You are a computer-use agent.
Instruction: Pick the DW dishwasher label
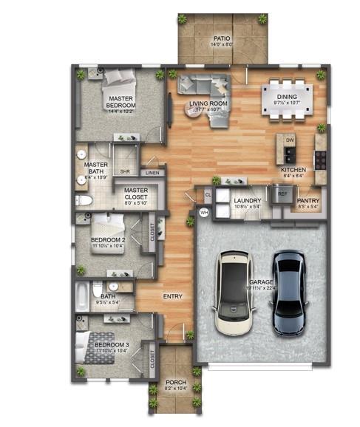coord(290,139)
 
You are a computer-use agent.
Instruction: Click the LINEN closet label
coord(152,172)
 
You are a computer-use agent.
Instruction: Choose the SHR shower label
coord(126,171)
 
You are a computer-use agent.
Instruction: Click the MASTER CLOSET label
coord(136,194)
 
